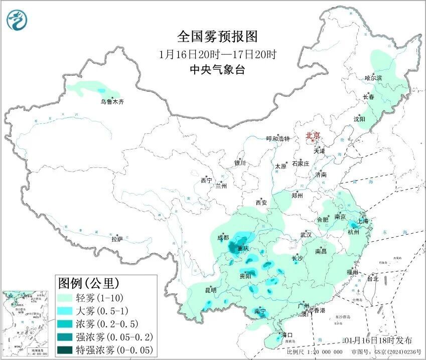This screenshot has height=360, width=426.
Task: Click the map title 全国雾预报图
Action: pyautogui.click(x=217, y=37)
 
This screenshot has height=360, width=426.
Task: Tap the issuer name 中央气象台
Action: pyautogui.click(x=217, y=70)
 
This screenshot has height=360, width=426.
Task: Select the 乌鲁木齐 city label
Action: pyautogui.click(x=111, y=102)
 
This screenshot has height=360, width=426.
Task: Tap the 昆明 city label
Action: pyautogui.click(x=210, y=290)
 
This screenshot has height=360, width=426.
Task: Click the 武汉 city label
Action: pyautogui.click(x=306, y=235)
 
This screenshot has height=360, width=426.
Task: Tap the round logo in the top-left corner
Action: pyautogui.click(x=18, y=20)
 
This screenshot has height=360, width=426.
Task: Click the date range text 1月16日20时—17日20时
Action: pyautogui.click(x=217, y=54)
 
